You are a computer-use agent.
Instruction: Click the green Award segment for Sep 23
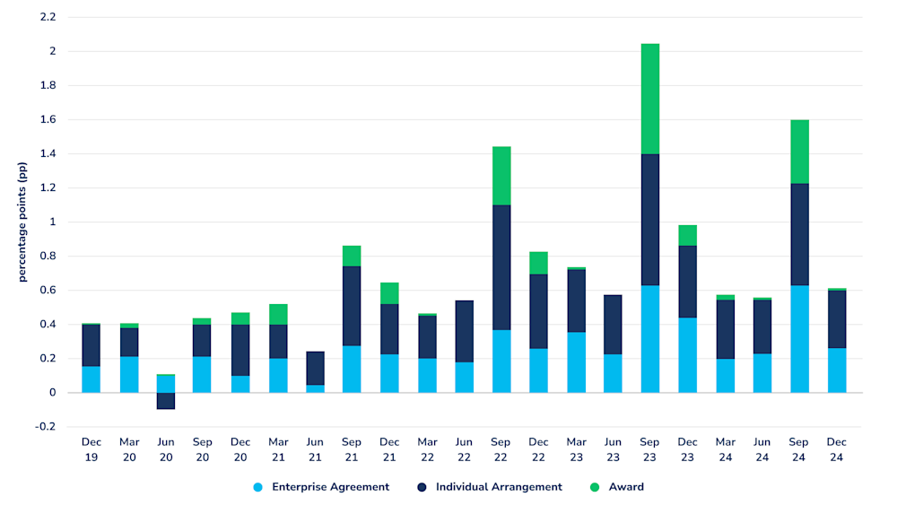[649, 99]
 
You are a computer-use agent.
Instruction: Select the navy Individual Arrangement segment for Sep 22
[501, 267]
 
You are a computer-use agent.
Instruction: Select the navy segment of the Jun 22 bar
[464, 331]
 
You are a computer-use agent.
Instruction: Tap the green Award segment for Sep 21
[352, 256]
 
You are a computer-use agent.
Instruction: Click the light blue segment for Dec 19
[91, 379]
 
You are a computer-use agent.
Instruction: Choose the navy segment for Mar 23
[576, 300]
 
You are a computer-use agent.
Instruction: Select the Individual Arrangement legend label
[499, 487]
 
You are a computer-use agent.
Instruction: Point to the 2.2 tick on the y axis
[48, 17]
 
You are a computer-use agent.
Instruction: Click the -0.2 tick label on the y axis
[45, 427]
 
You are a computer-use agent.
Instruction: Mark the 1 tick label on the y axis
[52, 222]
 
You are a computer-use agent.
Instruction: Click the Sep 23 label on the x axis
[649, 449]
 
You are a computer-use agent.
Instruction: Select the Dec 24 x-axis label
[836, 449]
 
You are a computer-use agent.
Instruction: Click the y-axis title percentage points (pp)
[22, 222]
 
